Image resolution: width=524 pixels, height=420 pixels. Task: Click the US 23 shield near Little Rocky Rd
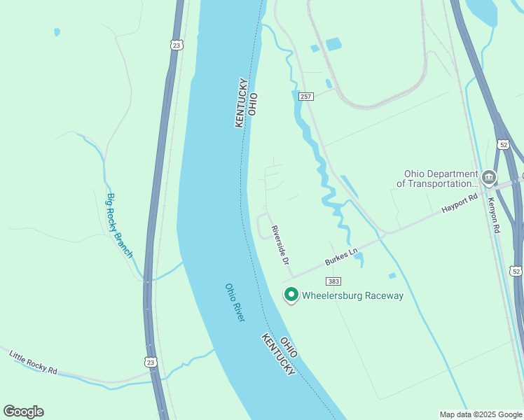coord(150,362)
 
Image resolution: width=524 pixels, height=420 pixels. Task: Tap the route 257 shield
coord(305,97)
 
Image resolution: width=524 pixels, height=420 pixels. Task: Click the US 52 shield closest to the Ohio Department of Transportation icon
coord(503,144)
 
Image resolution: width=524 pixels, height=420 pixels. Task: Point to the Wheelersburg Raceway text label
coord(353,295)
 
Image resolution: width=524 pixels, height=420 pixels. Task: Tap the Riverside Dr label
coord(281,244)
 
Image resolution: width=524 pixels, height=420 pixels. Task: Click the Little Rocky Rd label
coord(33,362)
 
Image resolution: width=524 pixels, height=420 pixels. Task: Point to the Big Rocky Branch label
coord(119,225)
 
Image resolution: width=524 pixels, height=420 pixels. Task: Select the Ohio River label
coord(235,302)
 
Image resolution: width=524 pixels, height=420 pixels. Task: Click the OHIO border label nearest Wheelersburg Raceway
coord(289,347)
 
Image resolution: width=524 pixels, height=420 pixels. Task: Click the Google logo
coord(23,412)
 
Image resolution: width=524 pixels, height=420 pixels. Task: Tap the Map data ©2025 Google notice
coord(481,414)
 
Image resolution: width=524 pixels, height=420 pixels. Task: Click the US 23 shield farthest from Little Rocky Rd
coord(176,45)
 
